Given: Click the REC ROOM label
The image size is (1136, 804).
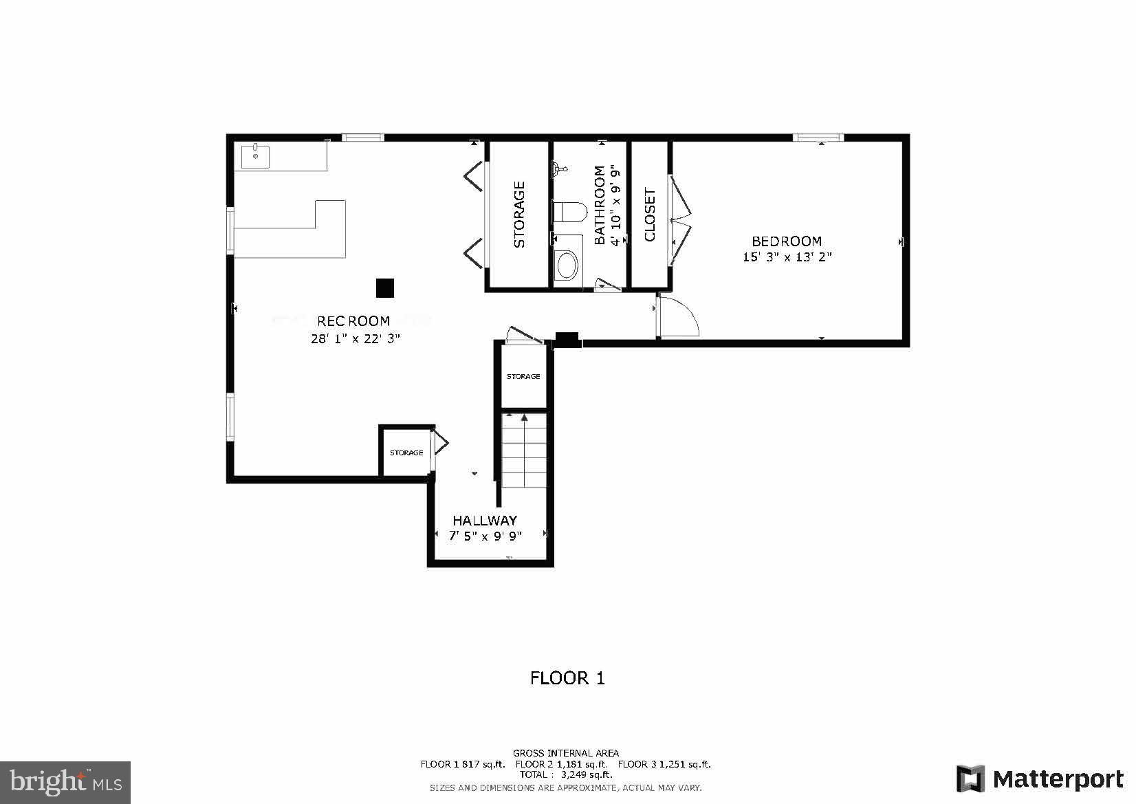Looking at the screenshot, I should click(353, 321).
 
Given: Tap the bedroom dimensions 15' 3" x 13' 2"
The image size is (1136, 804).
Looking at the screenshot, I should click(787, 257).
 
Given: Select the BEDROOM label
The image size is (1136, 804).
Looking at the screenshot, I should click(787, 241).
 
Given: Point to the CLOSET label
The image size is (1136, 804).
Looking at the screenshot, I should click(650, 215).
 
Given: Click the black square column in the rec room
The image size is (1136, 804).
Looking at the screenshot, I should click(385, 288).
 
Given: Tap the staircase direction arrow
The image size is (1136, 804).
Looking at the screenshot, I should click(525, 417).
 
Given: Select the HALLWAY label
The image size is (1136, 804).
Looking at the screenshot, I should click(485, 521).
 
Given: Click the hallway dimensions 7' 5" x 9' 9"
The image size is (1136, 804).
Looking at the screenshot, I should click(485, 536).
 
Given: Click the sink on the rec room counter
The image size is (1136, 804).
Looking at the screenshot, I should click(255, 156).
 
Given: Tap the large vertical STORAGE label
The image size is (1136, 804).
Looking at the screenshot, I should click(519, 215).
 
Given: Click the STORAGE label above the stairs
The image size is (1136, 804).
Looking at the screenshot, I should click(523, 377).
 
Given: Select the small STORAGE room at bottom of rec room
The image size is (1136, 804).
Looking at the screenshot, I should click(406, 453).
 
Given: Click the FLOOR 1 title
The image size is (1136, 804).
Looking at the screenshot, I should click(567, 678).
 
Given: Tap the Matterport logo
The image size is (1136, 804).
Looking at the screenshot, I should click(1039, 779).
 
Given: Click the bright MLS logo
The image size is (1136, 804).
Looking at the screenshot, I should click(65, 782).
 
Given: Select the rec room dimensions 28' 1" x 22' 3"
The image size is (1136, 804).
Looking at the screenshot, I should click(355, 338).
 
